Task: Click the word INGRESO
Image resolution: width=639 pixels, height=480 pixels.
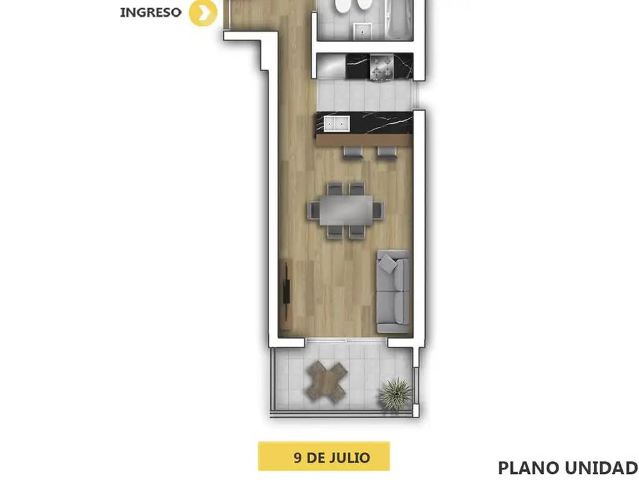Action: click(151, 12)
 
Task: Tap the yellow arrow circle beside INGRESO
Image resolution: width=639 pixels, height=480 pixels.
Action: click(203, 12)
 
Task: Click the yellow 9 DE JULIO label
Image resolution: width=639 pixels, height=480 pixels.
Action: click(324, 456)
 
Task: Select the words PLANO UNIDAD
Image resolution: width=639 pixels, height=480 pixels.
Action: click(568, 468)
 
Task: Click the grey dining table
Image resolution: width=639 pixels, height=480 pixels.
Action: click(346, 210)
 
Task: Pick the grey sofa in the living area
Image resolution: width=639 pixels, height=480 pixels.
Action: click(393, 291)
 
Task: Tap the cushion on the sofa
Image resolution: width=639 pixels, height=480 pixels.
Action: click(388, 264)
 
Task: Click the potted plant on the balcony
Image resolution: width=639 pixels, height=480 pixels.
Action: click(395, 394)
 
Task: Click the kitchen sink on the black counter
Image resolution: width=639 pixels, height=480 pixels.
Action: click(336, 124)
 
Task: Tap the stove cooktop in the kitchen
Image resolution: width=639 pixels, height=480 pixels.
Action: click(382, 67)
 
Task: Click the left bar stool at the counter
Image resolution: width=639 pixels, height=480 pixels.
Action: click(353, 152)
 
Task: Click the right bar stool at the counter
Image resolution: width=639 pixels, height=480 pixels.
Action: click(387, 152)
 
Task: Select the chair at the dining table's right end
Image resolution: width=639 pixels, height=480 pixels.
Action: click(378, 211)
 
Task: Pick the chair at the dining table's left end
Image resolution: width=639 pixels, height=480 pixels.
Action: click(313, 211)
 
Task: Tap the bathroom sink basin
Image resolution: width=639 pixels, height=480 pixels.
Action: click(362, 31)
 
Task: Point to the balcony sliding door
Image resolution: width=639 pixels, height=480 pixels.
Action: click(346, 339)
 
